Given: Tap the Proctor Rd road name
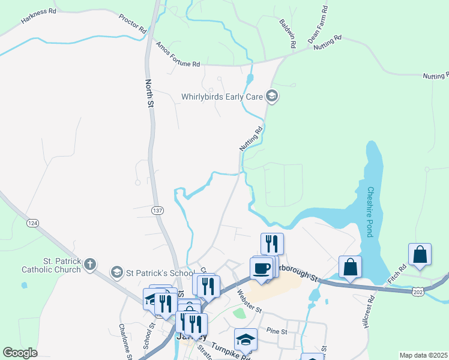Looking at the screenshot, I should (x=133, y=22).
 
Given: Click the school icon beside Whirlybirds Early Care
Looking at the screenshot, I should (x=272, y=96).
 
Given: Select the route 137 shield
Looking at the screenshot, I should (x=157, y=211).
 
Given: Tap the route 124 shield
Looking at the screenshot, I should (x=32, y=223).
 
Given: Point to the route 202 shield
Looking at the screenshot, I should (x=419, y=291).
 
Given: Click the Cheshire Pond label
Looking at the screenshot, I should (x=370, y=212).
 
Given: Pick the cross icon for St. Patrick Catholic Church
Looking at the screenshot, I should (x=89, y=263).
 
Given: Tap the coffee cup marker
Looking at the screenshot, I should (x=261, y=268).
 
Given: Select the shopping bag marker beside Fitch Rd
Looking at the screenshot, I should (x=420, y=254).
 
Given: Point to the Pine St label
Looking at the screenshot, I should (x=278, y=331).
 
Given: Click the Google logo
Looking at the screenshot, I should (x=20, y=353).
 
